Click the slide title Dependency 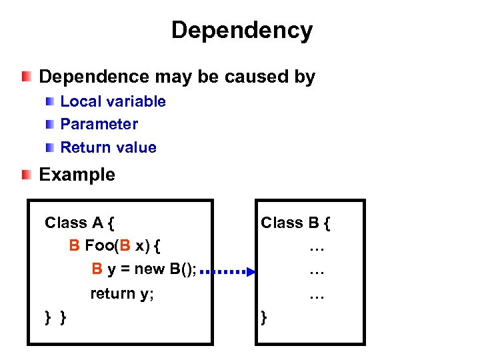(x=241, y=31)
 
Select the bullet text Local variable (x=113, y=101)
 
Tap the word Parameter (x=99, y=124)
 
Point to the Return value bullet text (x=108, y=147)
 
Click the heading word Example (x=77, y=175)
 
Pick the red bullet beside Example (x=26, y=175)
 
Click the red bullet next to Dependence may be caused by (x=26, y=77)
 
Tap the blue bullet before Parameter (x=51, y=124)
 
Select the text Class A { (x=79, y=223)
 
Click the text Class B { (x=295, y=223)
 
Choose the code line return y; (x=122, y=293)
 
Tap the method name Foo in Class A (x=99, y=246)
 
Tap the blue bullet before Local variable (x=51, y=101)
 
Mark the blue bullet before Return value (x=51, y=147)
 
